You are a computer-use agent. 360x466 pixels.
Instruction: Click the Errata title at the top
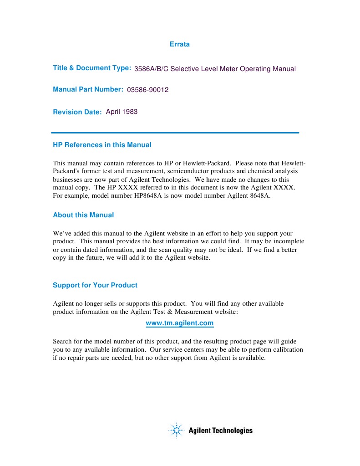pos(179,44)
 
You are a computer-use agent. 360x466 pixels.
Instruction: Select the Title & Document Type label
pos(92,68)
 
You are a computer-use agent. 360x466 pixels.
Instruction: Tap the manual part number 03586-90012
pos(148,90)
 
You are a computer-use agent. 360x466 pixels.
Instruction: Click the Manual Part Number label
pos(88,89)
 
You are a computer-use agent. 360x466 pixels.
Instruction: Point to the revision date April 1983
pos(122,112)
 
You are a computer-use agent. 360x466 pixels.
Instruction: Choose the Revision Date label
pos(77,112)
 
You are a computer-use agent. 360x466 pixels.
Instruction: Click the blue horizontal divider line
pos(176,133)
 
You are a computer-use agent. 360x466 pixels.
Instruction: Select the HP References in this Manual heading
pos(102,145)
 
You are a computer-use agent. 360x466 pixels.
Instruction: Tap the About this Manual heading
pos(83,215)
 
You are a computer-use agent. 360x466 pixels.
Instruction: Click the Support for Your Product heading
pos(95,285)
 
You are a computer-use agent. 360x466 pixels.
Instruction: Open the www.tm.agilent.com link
pos(179,323)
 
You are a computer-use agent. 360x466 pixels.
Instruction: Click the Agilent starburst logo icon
pos(176,430)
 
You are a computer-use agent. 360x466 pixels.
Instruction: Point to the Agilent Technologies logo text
pos(220,430)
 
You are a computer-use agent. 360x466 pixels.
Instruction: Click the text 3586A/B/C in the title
pos(151,69)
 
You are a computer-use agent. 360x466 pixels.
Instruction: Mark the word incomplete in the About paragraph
pos(288,241)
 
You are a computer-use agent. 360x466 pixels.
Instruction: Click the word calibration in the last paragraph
pos(286,349)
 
